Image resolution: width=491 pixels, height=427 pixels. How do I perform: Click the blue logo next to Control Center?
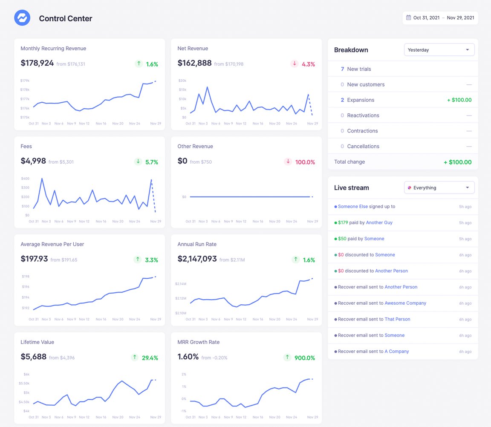point(22,18)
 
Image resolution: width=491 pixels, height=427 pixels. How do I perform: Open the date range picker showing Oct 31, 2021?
point(440,18)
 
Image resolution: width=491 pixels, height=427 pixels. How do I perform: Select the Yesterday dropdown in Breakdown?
point(439,50)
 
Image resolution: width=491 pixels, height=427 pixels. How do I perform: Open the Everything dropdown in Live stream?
point(439,188)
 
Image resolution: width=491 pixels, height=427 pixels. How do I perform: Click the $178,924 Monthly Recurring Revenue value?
point(37,63)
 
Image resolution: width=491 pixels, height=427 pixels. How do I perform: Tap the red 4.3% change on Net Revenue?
point(308,64)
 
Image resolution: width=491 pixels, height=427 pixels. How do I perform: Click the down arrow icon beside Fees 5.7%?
point(138,162)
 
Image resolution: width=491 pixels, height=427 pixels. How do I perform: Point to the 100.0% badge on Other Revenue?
point(305,162)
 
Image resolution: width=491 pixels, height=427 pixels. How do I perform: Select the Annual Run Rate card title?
point(197,244)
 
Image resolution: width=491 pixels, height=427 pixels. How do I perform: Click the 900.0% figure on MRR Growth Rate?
point(305,358)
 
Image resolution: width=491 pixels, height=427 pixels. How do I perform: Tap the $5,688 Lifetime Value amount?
point(33,357)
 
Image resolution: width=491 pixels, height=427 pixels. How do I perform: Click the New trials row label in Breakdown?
point(359,69)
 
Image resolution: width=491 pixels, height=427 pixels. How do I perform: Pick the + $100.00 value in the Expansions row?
point(459,100)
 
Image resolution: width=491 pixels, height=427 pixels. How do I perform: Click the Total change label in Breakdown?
point(349,162)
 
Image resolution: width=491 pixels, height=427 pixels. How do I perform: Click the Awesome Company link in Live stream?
point(405,303)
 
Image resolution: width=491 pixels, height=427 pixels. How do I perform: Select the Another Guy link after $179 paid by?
point(379,222)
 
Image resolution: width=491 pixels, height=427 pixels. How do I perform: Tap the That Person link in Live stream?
point(397,319)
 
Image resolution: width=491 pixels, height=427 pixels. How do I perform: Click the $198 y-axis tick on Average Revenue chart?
point(26,276)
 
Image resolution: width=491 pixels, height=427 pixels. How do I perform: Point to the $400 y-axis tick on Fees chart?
point(25,179)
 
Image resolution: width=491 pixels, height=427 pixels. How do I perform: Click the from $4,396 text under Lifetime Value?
point(62,358)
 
